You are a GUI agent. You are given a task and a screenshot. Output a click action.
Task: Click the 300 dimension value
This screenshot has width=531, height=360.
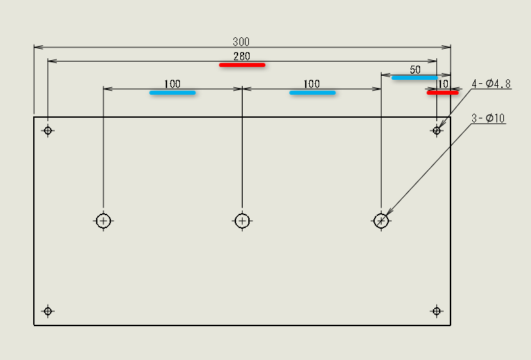[241, 41]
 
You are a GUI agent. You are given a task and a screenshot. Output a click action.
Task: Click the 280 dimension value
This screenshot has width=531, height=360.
[241, 56]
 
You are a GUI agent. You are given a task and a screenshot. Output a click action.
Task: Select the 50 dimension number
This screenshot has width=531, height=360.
[415, 70]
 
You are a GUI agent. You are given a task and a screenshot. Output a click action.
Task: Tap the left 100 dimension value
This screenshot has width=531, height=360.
[172, 84]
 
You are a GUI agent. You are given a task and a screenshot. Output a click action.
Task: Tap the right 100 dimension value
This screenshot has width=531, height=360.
[311, 84]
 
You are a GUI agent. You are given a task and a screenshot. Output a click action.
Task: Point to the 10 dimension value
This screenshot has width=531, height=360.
[443, 84]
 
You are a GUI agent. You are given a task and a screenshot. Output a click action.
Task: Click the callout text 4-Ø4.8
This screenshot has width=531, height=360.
[491, 84]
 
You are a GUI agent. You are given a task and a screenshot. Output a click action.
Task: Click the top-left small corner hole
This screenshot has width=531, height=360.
[48, 131]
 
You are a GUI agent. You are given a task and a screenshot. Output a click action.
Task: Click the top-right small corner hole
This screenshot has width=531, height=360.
[437, 131]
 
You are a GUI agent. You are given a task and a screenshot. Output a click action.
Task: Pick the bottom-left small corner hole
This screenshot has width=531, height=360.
[47, 311]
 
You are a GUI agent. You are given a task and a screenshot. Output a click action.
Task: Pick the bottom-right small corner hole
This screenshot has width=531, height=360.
[436, 311]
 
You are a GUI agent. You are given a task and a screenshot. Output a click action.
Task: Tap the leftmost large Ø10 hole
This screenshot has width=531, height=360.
[103, 221]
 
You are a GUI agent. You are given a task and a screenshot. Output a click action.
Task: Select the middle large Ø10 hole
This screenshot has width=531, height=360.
[242, 221]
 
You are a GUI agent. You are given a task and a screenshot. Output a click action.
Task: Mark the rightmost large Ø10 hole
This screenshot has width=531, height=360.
[382, 221]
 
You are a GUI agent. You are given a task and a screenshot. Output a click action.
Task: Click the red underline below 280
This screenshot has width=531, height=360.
[241, 65]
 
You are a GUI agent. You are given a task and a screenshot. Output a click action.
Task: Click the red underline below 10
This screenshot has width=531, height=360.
[442, 93]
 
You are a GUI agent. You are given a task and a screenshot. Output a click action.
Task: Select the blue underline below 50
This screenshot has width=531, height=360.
[414, 78]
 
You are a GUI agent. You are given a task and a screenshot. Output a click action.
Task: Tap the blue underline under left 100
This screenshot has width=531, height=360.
[172, 93]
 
